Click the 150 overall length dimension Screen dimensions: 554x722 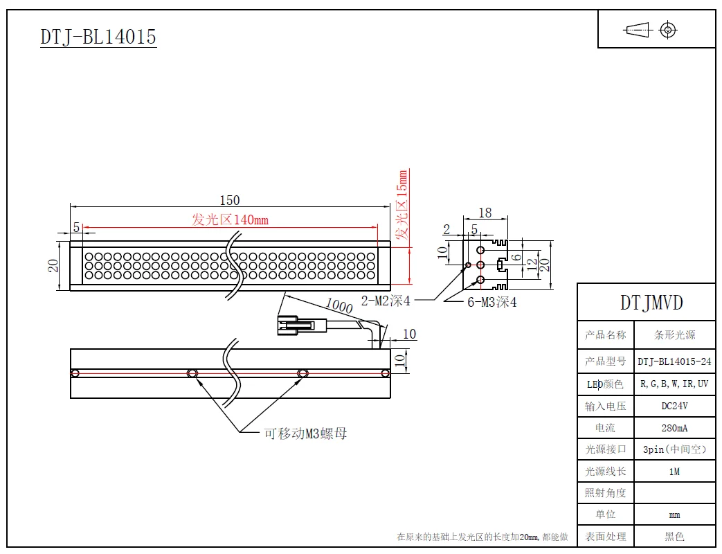(x=229, y=200)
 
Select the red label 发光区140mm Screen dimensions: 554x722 (x=230, y=220)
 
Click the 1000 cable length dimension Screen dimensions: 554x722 (x=339, y=305)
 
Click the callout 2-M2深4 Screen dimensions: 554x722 (x=386, y=301)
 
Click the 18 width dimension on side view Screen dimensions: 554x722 (x=485, y=213)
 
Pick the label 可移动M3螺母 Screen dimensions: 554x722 (x=305, y=434)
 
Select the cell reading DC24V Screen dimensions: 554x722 (x=674, y=406)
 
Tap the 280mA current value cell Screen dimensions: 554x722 (x=674, y=427)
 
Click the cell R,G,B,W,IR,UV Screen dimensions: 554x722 (x=674, y=383)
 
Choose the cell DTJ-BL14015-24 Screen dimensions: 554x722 (x=674, y=361)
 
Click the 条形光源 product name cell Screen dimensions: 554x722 (x=674, y=335)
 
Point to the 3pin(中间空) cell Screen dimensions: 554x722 (x=674, y=449)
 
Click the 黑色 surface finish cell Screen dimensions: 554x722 (x=674, y=536)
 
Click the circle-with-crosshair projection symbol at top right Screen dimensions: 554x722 (x=668, y=30)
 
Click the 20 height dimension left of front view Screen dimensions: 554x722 (x=53, y=265)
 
